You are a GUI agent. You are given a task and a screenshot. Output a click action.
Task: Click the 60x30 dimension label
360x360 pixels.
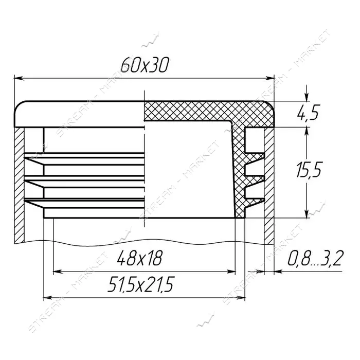pos(145,65)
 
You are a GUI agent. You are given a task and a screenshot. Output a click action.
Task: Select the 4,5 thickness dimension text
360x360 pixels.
pos(308,113)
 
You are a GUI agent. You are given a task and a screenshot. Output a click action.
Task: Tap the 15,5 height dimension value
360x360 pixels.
pos(309,169)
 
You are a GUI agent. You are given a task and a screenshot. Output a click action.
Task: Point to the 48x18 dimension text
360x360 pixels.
pos(139,258)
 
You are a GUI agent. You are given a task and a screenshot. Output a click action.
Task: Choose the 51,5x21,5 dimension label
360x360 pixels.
pos(141,284)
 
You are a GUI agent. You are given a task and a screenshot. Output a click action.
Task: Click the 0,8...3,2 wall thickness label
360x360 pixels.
pos(315,258)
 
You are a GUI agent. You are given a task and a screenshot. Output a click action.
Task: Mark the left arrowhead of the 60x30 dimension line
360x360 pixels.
pos(19,78)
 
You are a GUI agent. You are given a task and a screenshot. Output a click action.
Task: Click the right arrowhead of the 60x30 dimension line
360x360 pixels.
pos(270,78)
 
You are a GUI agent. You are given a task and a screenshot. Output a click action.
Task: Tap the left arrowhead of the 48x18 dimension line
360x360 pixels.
pos(58,272)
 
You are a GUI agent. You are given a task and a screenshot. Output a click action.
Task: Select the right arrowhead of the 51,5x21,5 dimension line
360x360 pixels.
pos(240,298)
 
